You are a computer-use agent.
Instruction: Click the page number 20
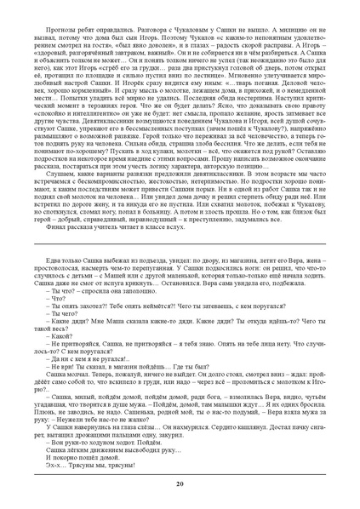pos(180,484)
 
